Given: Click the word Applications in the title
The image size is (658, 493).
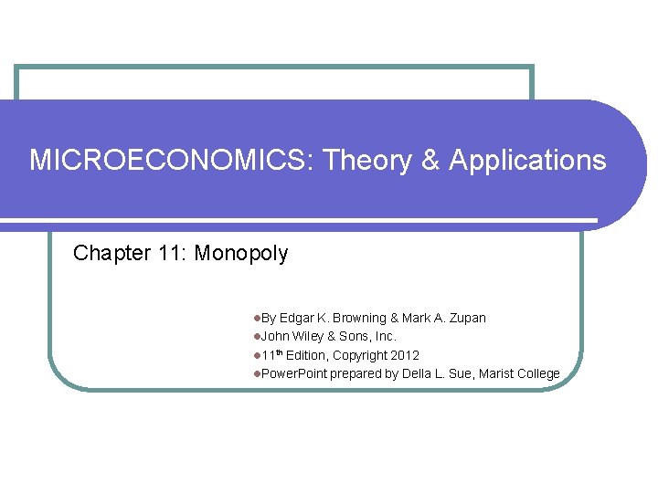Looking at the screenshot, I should (x=527, y=161).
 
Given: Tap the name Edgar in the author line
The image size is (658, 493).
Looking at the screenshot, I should (x=297, y=318).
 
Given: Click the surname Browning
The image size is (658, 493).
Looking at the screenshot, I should (x=358, y=318).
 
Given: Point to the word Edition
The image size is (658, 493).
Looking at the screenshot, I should (x=306, y=355).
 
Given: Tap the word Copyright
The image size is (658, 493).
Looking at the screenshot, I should (x=359, y=355).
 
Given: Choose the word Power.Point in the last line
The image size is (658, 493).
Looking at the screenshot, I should (x=294, y=373).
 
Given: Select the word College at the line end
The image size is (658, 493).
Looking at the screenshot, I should (x=538, y=373).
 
